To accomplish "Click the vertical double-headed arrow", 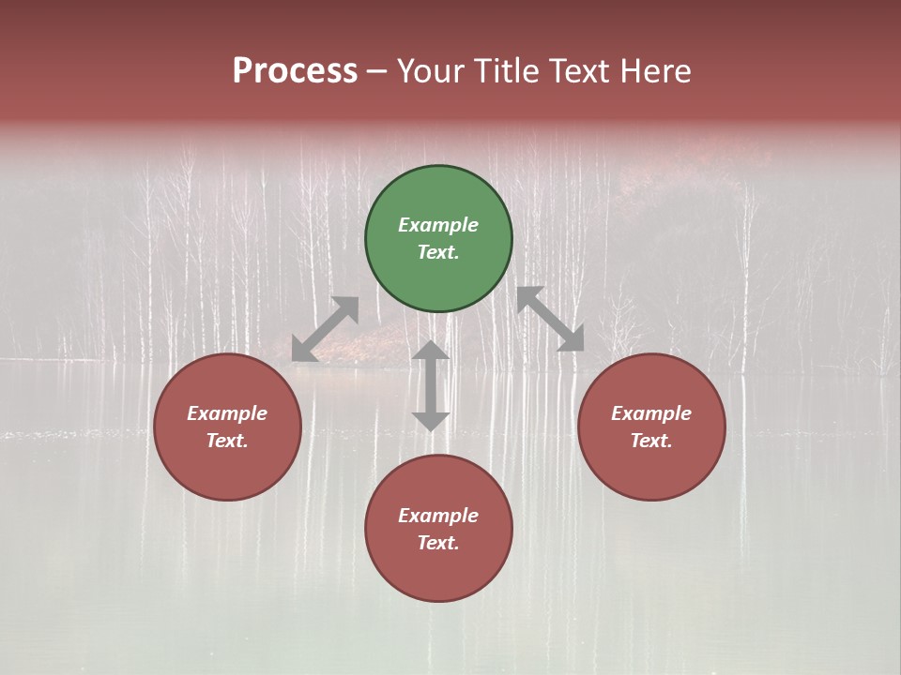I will point(431,385).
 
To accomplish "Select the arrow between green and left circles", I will point(325,329).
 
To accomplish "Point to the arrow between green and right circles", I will point(551,319).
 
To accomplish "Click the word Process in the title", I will point(295,71).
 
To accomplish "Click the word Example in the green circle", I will point(438,225).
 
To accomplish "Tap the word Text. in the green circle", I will point(438,252).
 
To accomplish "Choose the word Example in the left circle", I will point(227,413).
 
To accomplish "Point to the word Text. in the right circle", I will point(651,441).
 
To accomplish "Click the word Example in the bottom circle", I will point(438,516).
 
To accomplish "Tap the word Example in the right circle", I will point(651,413).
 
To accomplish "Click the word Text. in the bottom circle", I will point(438,543).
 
